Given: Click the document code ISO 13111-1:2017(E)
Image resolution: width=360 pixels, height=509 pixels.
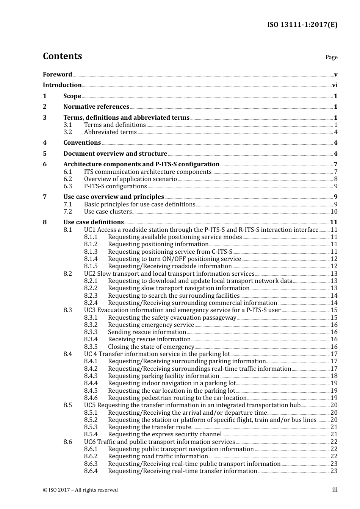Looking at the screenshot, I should [302, 25].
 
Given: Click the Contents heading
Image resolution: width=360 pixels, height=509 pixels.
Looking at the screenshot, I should [62, 56].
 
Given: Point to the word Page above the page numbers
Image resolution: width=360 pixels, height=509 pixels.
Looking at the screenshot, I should [331, 57].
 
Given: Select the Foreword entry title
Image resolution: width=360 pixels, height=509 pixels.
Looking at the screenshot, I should [57, 75].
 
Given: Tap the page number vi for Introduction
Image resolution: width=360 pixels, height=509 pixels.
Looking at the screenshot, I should [335, 85].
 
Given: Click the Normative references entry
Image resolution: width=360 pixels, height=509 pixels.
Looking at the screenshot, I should [96, 107].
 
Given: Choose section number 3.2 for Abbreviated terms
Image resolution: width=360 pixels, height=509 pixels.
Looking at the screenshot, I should [67, 132].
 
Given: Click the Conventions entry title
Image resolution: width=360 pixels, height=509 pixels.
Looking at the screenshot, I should [82, 143].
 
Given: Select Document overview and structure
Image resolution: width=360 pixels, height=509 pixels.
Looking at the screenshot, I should [115, 154].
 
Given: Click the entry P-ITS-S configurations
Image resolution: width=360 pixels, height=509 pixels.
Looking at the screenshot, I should [115, 186].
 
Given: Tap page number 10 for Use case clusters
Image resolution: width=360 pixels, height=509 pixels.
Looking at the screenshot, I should [334, 212].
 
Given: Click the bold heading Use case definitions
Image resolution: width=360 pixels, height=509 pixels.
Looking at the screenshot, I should [94, 222].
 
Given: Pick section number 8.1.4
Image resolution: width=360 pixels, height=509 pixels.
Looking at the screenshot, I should [91, 259].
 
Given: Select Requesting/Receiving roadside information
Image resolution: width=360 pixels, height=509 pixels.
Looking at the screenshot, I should [170, 266].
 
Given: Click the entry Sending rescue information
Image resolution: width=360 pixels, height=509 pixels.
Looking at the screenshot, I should [147, 332].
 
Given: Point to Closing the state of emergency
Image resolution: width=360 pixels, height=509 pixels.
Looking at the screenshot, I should [151, 347].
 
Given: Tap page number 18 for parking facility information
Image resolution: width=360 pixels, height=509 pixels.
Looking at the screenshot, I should [334, 376].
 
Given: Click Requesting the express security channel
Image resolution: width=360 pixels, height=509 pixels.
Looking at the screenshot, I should [165, 434].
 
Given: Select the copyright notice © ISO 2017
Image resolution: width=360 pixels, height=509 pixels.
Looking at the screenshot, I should [80, 490].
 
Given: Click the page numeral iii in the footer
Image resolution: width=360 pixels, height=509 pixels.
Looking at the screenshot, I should [335, 490].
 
